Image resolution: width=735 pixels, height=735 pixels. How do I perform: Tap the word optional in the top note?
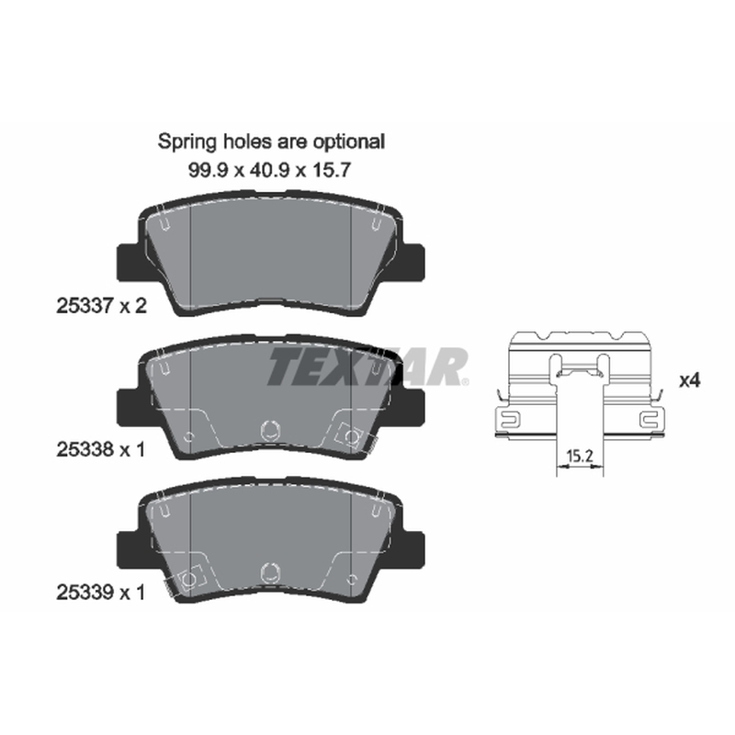[x=349, y=141]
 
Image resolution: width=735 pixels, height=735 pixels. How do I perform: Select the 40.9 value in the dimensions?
[x=269, y=170]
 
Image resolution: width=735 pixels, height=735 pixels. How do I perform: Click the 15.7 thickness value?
[x=332, y=170]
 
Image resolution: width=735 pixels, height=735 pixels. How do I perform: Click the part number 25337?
[x=85, y=306]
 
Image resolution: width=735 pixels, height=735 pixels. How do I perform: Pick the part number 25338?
[x=85, y=449]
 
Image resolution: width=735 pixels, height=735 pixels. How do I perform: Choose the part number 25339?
[x=85, y=593]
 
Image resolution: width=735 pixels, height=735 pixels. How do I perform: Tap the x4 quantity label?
[x=690, y=380]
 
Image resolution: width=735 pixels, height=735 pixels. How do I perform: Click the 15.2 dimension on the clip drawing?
[x=580, y=456]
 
